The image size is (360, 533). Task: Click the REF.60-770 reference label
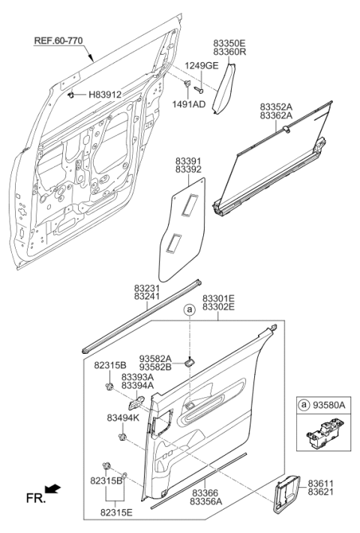pyautogui.click(x=58, y=40)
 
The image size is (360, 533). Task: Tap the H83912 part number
pyautogui.click(x=105, y=94)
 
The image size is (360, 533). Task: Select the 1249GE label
pyautogui.click(x=202, y=66)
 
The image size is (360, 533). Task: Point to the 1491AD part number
pyautogui.click(x=189, y=104)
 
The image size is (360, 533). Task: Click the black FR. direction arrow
pyautogui.click(x=52, y=489)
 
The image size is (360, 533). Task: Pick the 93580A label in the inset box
pyautogui.click(x=328, y=405)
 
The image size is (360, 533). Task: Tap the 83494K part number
pyautogui.click(x=123, y=418)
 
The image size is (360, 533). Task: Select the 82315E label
pyautogui.click(x=116, y=512)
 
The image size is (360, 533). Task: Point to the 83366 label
pyautogui.click(x=204, y=493)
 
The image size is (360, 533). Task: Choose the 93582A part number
pyautogui.click(x=155, y=358)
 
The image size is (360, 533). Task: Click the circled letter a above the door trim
pyautogui.click(x=189, y=310)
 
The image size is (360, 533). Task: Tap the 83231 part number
pyautogui.click(x=147, y=288)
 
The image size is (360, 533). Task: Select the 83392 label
pyautogui.click(x=188, y=169)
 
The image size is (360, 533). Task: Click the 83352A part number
pyautogui.click(x=276, y=106)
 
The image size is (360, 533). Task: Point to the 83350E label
pyautogui.click(x=229, y=43)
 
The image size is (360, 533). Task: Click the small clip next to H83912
pyautogui.click(x=71, y=95)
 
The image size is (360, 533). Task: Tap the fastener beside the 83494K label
pyautogui.click(x=122, y=437)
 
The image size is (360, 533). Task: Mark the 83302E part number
pyautogui.click(x=218, y=307)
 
